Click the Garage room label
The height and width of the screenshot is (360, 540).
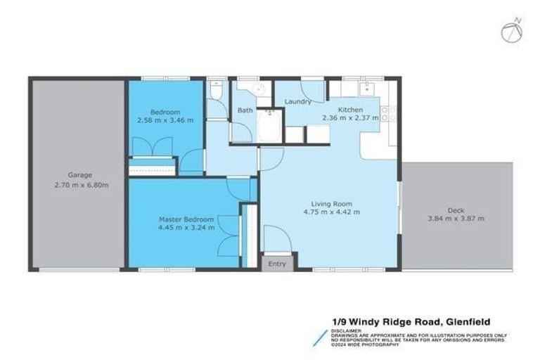[x=79, y=175]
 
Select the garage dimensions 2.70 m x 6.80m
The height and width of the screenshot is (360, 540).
[x=79, y=186]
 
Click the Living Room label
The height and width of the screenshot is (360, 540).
[x=331, y=201]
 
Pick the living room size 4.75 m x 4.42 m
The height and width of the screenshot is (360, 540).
[x=331, y=211]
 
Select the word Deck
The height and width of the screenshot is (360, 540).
[x=456, y=209]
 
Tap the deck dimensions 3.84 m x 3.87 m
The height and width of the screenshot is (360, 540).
[x=456, y=219]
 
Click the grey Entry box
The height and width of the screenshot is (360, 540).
[x=277, y=264]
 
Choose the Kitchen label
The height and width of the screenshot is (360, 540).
[x=349, y=110]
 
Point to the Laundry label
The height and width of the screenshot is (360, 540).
[x=297, y=102]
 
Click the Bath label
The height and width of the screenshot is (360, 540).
[x=245, y=110]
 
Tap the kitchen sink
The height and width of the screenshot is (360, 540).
[x=366, y=89]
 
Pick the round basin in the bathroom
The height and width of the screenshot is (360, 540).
[x=259, y=88]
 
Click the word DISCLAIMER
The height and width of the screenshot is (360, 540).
[x=348, y=330]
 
